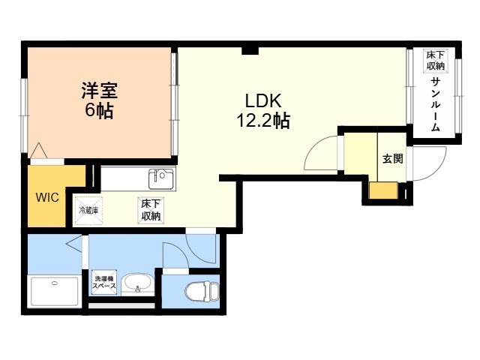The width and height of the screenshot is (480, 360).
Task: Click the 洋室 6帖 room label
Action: click(x=100, y=100)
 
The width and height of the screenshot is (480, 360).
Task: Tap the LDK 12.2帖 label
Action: click(x=263, y=110)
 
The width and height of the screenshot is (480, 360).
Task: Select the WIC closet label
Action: click(x=47, y=197)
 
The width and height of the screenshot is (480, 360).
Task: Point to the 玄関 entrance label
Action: click(x=393, y=158)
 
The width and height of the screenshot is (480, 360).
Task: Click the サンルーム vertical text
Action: click(x=435, y=105)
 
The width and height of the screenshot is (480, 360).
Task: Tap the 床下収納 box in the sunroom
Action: click(x=435, y=61)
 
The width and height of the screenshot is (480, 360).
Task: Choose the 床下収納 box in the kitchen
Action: click(x=151, y=210)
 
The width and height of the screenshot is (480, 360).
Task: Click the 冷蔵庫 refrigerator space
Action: click(x=88, y=211)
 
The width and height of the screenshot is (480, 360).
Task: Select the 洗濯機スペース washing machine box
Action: click(x=104, y=282)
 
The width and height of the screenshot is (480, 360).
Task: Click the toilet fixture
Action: click(x=202, y=291)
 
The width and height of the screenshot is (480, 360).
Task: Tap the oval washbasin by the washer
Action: click(x=137, y=283)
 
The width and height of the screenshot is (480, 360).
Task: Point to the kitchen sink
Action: click(x=161, y=178)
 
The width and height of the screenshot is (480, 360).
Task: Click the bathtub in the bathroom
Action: click(x=55, y=292)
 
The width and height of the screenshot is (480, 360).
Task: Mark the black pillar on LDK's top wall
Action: click(x=250, y=50)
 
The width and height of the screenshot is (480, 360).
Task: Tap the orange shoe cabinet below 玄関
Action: click(x=383, y=190)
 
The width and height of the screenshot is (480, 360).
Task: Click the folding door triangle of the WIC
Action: click(x=39, y=151)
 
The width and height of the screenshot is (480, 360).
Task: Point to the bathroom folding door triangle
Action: click(x=74, y=244)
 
